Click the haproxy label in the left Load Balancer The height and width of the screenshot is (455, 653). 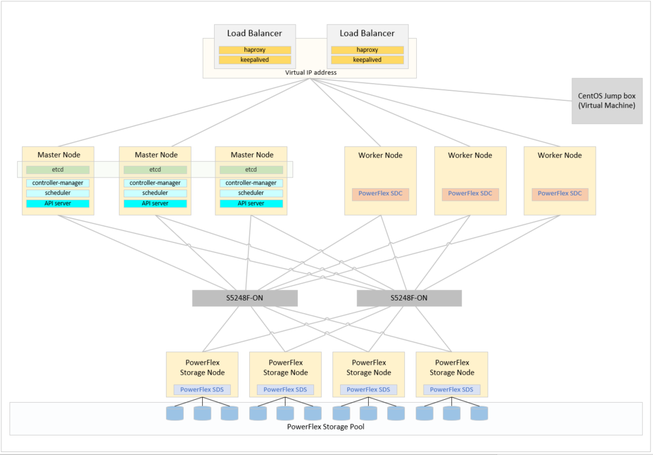point(255,50)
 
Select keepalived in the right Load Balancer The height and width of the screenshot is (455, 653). point(367,60)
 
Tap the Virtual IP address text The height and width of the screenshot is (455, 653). point(310,72)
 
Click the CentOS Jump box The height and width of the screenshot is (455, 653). point(607,100)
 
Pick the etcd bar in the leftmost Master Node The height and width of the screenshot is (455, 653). point(58,170)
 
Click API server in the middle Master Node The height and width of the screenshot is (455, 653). point(155,203)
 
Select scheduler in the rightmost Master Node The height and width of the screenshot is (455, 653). point(251,193)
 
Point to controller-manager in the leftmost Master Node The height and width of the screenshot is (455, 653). point(58,183)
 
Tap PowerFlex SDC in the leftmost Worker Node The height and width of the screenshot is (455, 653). point(380,194)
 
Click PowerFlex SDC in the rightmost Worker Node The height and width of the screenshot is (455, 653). point(560,194)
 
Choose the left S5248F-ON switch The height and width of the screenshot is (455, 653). point(244,298)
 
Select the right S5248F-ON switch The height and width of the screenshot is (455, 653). point(409,298)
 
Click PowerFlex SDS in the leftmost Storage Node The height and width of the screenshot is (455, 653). point(202,390)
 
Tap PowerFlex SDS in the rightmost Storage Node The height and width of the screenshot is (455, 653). point(451,390)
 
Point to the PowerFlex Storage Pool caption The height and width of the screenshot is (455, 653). point(326,426)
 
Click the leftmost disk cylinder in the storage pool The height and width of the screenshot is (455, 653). point(175,413)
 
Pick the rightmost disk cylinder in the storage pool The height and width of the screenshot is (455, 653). point(479,413)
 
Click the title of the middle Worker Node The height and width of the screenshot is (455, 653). point(470,155)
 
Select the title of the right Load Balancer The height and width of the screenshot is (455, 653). point(367,33)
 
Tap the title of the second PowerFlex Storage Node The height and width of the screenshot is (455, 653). point(285,368)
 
